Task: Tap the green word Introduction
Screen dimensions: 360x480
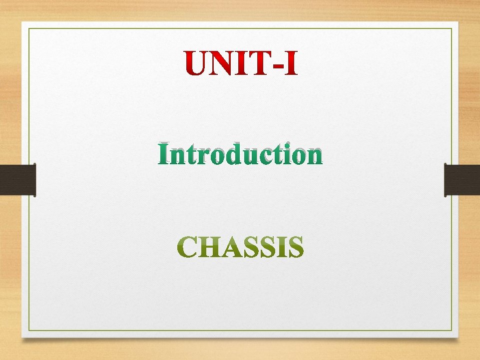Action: coord(240,155)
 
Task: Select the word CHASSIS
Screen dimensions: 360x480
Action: coord(240,248)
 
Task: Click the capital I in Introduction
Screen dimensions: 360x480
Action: coord(164,155)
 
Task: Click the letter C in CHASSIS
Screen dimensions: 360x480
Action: coord(188,248)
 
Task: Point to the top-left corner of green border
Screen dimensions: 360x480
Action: coord(29,29)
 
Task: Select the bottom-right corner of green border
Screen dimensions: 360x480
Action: coord(452,331)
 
